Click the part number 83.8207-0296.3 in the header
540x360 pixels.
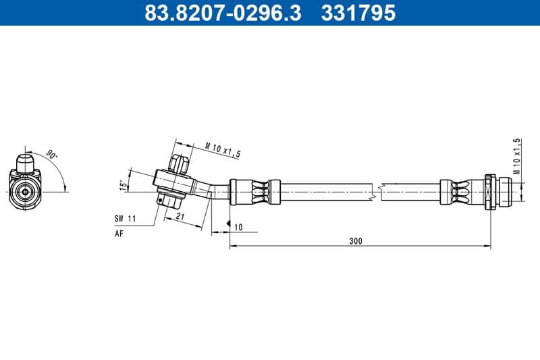[223, 12]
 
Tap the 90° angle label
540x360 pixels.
[52, 155]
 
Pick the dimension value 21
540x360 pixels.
[180, 215]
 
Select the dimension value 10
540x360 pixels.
[238, 227]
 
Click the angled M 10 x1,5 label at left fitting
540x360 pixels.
[223, 150]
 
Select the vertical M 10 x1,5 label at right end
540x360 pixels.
[517, 156]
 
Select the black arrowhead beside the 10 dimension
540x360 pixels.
[230, 224]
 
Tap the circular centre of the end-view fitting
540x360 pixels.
[26, 191]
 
